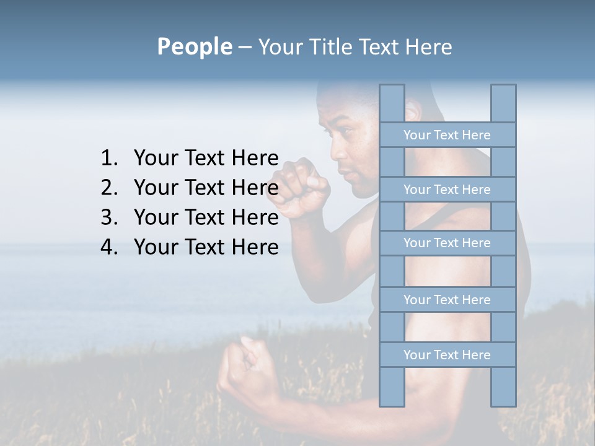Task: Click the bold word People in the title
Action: pos(194,46)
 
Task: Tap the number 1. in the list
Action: pos(109,159)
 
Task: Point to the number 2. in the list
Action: pos(109,188)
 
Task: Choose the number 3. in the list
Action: pos(109,217)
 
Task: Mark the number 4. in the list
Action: pos(109,247)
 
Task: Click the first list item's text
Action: pos(206,159)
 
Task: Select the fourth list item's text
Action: pos(206,247)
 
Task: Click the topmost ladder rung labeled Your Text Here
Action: pos(447,135)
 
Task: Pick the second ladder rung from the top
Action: pos(447,190)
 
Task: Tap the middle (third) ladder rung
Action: pos(447,243)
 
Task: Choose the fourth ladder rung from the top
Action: pos(447,300)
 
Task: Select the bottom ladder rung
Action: pos(447,355)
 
